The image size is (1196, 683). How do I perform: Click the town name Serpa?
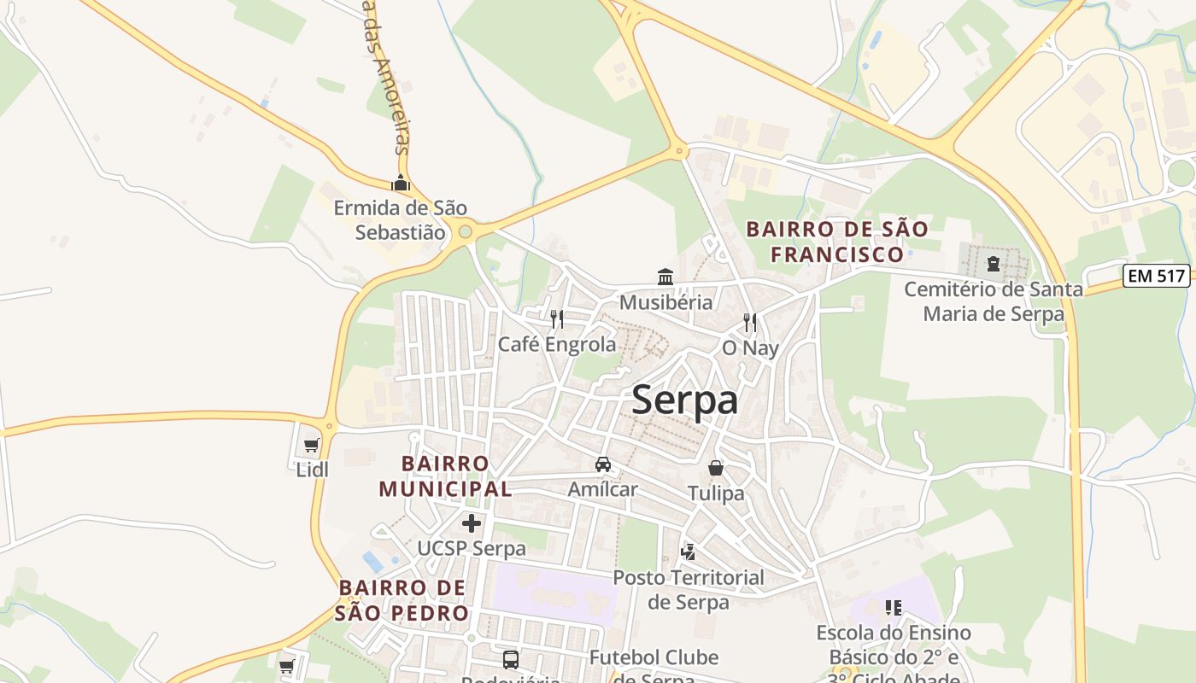tap(684, 400)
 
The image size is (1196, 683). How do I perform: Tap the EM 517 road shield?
tap(1156, 276)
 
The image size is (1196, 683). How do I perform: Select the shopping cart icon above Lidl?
tap(312, 445)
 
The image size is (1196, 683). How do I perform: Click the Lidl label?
tap(312, 469)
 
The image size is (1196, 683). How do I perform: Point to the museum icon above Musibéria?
tap(665, 277)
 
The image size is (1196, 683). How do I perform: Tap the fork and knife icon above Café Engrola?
tap(557, 319)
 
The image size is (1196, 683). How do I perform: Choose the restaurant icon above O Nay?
tap(750, 322)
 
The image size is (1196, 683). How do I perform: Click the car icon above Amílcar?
tap(603, 464)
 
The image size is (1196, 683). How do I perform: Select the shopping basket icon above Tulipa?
tap(716, 468)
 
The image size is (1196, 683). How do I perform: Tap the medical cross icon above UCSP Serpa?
tap(471, 523)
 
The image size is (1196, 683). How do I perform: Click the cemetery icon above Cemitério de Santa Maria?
tap(994, 264)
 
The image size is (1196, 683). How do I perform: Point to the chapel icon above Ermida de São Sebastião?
tap(400, 183)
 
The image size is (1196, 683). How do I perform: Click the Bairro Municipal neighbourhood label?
tap(445, 476)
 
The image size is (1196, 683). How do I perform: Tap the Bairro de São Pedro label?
tap(402, 600)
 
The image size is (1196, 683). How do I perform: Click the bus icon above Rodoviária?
tap(510, 659)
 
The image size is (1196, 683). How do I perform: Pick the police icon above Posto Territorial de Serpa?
tap(688, 552)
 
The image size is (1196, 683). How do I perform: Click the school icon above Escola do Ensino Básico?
tap(894, 608)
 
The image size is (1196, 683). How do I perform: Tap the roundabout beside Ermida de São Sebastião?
tap(465, 231)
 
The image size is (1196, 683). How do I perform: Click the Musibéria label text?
tap(665, 302)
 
